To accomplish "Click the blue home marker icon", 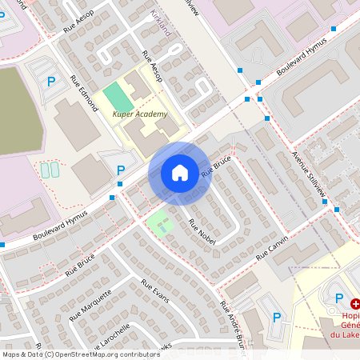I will tap(180, 172).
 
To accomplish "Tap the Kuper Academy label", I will tap(140, 114).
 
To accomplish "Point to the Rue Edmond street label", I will tap(82, 90).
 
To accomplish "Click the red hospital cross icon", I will tap(355, 304).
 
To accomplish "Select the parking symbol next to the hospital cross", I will tap(338, 298).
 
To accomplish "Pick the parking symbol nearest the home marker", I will tap(121, 170).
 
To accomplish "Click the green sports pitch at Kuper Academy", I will tap(118, 98).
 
